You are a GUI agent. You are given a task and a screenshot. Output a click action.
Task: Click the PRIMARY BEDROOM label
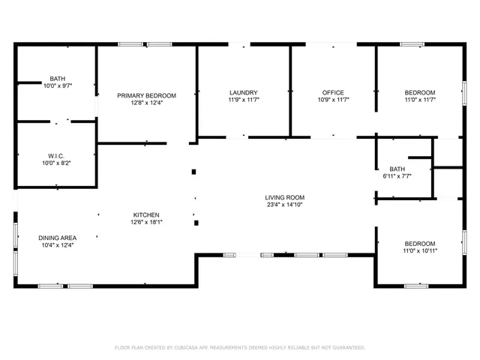[146, 95]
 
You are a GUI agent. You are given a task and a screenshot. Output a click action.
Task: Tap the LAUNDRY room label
[243, 92]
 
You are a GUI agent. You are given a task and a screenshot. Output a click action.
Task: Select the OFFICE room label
[332, 92]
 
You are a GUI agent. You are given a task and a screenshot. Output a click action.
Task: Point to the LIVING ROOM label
[285, 197]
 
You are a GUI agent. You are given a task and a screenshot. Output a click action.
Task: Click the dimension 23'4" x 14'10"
[285, 205]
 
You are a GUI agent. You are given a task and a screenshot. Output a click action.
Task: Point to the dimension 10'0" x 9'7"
[57, 85]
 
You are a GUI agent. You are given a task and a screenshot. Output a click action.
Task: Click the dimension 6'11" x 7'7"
[397, 176]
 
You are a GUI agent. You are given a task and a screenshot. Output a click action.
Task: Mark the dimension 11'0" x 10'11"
[420, 250]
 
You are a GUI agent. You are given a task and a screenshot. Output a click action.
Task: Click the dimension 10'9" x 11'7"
[332, 100]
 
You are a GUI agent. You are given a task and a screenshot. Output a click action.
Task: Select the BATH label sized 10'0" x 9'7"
[57, 79]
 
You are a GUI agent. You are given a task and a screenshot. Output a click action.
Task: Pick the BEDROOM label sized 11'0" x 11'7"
[420, 92]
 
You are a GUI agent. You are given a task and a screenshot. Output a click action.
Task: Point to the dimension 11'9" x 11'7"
[243, 100]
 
